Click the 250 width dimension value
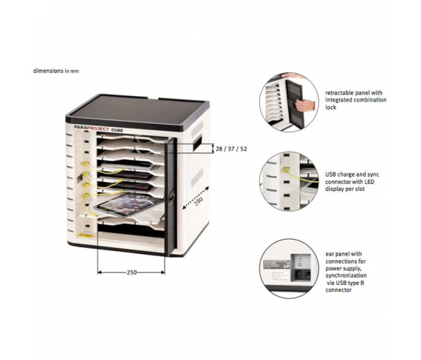pos(132,273)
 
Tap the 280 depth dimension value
pos(199,201)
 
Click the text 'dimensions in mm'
pos(56,71)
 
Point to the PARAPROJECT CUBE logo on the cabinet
pos(98,130)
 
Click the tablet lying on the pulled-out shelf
pos(129,204)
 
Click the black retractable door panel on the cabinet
pos(171,196)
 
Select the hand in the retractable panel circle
pos(305,105)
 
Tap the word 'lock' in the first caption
pos(331,107)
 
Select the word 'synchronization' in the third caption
pos(346,276)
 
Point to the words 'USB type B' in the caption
pos(350,283)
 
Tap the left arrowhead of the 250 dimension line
pos(99,273)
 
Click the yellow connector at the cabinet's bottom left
pos(86,236)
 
